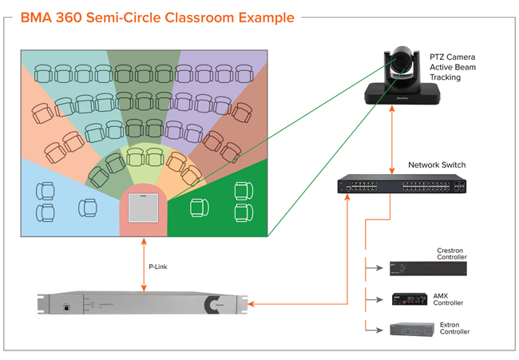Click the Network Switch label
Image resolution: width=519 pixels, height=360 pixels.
(437, 165)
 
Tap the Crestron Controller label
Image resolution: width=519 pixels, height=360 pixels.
(451, 254)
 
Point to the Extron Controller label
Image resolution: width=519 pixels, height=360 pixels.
(454, 328)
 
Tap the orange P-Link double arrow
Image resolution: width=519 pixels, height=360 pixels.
(144, 263)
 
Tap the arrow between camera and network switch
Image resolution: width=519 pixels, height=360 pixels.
(391, 140)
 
